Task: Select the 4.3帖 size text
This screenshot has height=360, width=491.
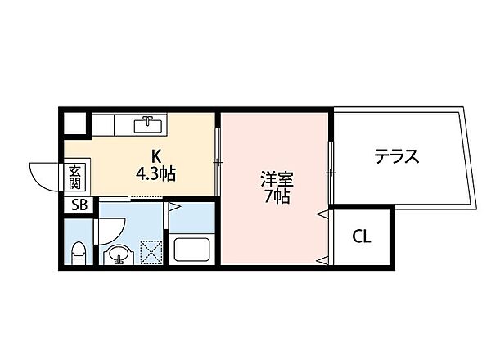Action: click(x=156, y=173)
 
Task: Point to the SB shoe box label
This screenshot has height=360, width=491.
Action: click(x=79, y=205)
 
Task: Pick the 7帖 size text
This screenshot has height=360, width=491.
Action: click(x=275, y=196)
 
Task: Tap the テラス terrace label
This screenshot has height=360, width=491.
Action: click(x=397, y=156)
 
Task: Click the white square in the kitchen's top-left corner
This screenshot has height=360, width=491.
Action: click(x=75, y=123)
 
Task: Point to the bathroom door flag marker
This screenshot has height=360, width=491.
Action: click(x=173, y=208)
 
